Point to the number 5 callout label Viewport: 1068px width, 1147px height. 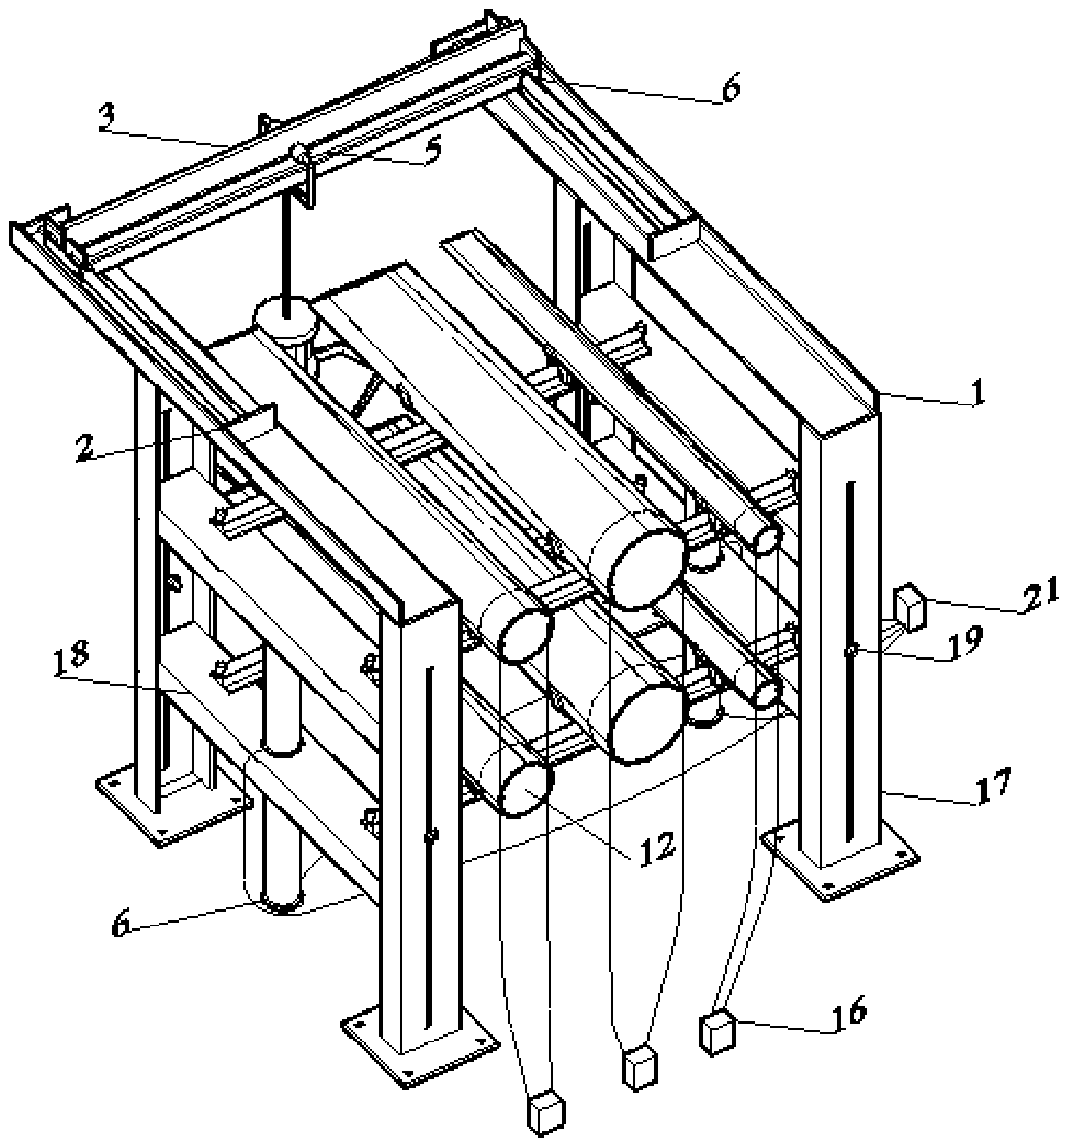(x=435, y=152)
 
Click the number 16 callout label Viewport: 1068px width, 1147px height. (x=847, y=1010)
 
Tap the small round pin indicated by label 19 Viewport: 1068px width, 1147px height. (x=848, y=652)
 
